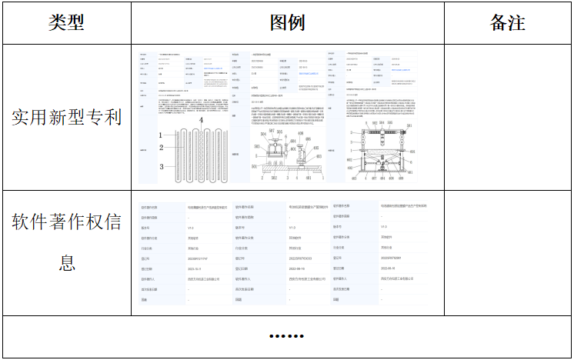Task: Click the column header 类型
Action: [66, 22]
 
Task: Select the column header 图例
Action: [287, 22]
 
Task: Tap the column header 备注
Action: [507, 22]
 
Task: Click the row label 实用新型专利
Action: [66, 117]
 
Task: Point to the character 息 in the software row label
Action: [66, 263]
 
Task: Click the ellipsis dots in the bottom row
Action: [287, 336]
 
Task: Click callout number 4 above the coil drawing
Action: [202, 121]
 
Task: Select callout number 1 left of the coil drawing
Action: [161, 135]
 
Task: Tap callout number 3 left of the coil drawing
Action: [162, 166]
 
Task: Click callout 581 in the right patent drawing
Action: [410, 125]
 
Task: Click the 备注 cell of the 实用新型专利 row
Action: [507, 117]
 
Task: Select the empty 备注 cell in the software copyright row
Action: [507, 253]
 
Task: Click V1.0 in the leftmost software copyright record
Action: [191, 228]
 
